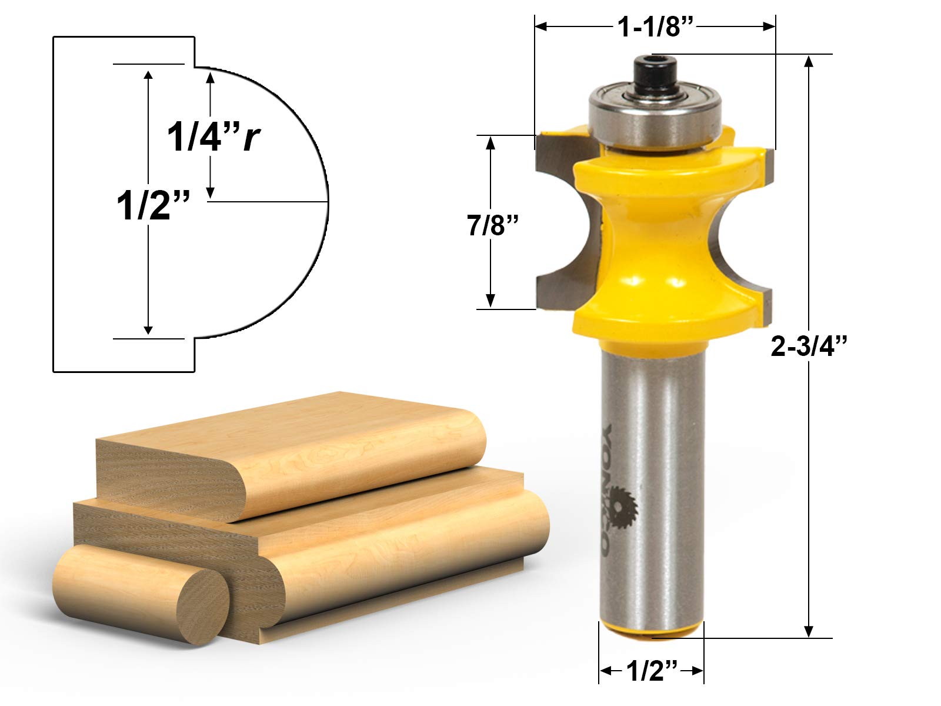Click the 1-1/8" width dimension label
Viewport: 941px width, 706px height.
coord(654,26)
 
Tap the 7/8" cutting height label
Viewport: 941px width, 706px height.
coord(493,225)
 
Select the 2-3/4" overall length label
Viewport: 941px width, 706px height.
coord(809,346)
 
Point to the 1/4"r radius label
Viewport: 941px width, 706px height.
coord(213,137)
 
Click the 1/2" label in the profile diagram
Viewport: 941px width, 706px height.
coord(153,206)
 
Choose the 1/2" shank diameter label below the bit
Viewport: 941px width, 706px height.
coord(652,671)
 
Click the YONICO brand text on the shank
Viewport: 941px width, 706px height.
coord(608,489)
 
